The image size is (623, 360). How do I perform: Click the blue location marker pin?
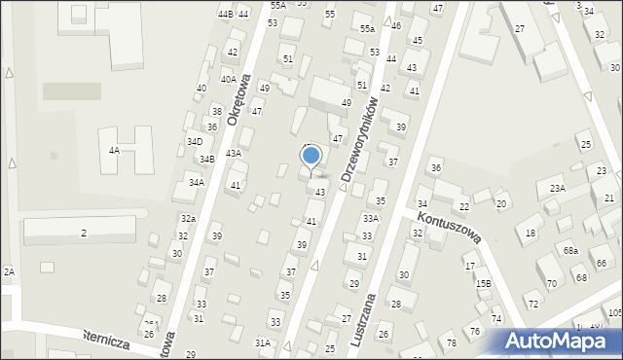[311, 156]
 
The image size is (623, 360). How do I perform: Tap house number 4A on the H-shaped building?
[114, 151]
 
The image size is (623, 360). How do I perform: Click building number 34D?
[195, 142]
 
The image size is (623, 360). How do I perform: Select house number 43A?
[234, 153]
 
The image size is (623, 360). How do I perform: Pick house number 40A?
[228, 80]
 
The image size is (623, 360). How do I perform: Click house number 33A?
[371, 219]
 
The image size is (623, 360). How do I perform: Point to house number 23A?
[557, 188]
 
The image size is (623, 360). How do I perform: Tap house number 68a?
[570, 251]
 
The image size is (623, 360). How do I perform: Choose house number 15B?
[484, 283]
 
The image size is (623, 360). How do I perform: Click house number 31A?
[262, 342]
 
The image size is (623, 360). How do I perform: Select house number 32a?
[188, 219]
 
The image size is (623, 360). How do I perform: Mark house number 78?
[451, 343]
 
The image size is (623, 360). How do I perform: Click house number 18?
[531, 234]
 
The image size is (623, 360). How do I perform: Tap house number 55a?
[366, 29]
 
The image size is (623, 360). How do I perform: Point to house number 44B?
[226, 14]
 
